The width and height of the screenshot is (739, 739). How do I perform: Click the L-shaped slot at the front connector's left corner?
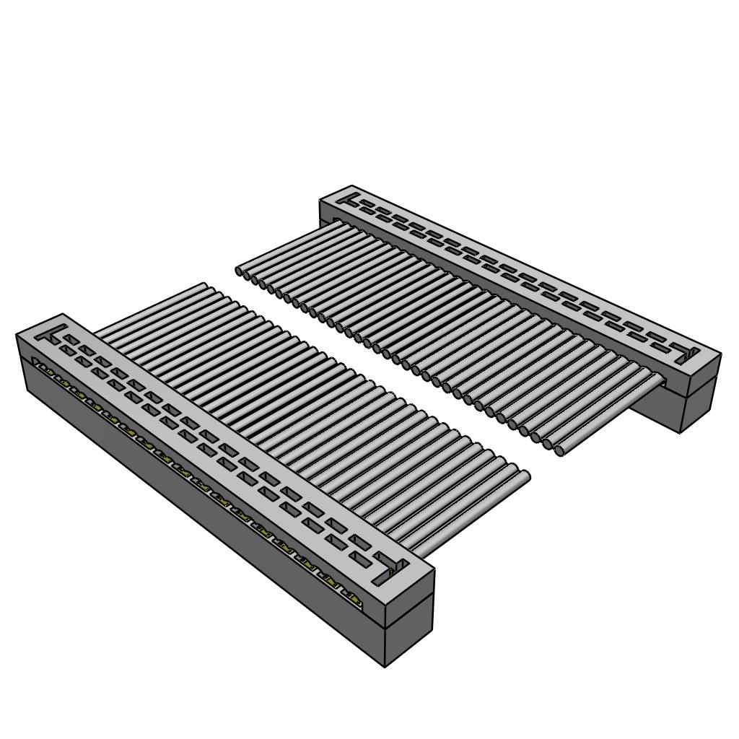(49, 336)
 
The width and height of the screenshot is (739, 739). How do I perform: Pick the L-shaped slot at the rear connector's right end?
(686, 356)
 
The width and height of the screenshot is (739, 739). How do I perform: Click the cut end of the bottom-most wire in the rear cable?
(559, 451)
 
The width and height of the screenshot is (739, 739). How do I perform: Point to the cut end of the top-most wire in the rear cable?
(240, 271)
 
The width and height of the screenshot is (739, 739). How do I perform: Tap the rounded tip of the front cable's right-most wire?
(525, 476)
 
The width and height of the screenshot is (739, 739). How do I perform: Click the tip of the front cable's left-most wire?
(205, 287)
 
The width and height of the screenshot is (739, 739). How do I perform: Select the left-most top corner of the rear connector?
(320, 201)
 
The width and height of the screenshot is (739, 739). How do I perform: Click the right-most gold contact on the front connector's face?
(352, 595)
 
